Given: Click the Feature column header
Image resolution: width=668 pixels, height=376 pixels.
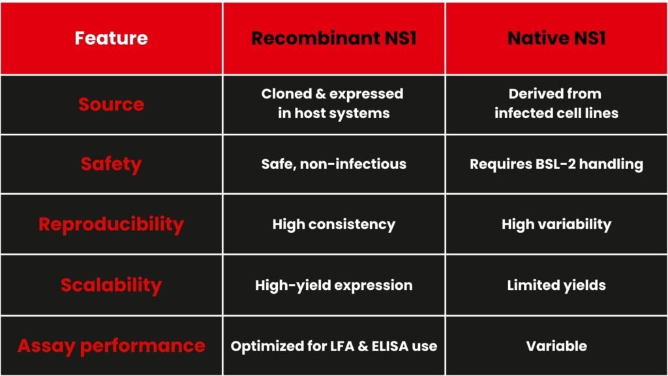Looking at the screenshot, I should point(111,38).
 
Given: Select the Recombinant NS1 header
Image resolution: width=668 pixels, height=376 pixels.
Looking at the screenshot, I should point(333,38).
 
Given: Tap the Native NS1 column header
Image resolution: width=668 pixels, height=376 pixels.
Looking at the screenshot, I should point(556,38).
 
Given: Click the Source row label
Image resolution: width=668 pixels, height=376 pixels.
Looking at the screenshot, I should point(111,104).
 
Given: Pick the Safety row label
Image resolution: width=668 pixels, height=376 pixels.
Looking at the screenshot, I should point(111,164).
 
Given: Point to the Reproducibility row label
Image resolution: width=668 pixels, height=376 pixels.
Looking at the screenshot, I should point(111,225).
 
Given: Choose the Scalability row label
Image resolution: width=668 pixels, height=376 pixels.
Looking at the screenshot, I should point(111,285).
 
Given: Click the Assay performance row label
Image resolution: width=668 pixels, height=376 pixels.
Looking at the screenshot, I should point(111,346).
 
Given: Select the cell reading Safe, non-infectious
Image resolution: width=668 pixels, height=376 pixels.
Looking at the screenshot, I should point(333,164).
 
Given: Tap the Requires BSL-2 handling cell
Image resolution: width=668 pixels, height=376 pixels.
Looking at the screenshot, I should point(556,164).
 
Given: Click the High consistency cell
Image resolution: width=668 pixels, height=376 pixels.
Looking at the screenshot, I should point(333,225).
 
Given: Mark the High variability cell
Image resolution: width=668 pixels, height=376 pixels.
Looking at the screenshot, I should point(556,225).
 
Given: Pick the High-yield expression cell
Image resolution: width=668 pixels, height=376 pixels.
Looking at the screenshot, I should point(333,285).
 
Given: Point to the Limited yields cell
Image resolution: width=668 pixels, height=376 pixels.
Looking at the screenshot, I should point(556,285).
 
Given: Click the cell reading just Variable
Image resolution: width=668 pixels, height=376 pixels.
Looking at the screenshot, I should point(556,346).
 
